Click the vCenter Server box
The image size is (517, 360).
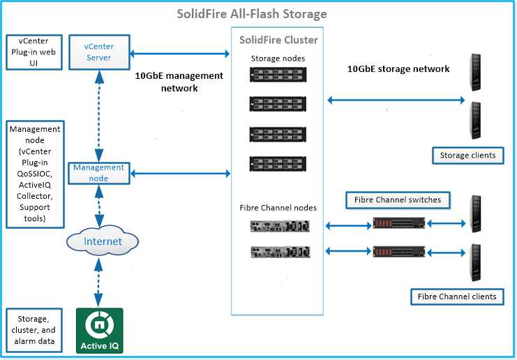99,52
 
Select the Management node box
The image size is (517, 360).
99,172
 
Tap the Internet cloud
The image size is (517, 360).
103,241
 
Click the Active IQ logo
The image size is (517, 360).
99,331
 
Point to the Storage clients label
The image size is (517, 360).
467,155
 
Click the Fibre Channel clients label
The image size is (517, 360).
457,297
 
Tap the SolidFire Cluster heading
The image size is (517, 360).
278,40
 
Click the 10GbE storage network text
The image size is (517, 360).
398,69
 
